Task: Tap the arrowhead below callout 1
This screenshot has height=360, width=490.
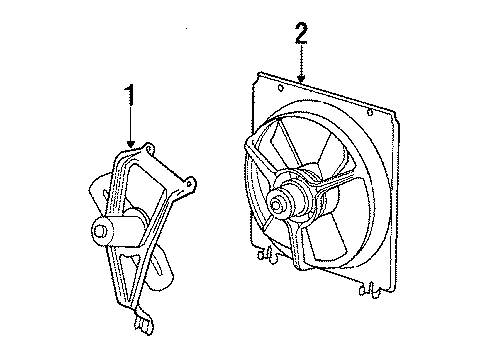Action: click(132, 145)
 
